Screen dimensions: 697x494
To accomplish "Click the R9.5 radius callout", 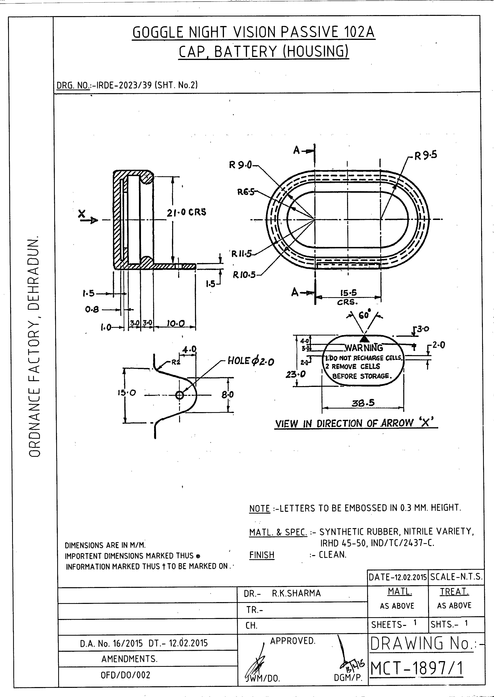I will coord(426,155).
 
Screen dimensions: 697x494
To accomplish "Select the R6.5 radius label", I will coord(245,192).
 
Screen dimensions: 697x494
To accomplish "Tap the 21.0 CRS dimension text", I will coord(186,212).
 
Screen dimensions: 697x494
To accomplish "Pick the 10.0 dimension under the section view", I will coord(176,324).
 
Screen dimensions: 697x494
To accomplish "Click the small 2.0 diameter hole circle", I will coord(179,395).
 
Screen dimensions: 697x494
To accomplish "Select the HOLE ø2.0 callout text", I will coord(251,361).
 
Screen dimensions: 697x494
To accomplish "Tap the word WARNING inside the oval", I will coord(364,348).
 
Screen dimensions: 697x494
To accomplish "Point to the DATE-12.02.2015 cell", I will coord(398,577).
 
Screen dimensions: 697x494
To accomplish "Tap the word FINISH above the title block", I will coord(262,555).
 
